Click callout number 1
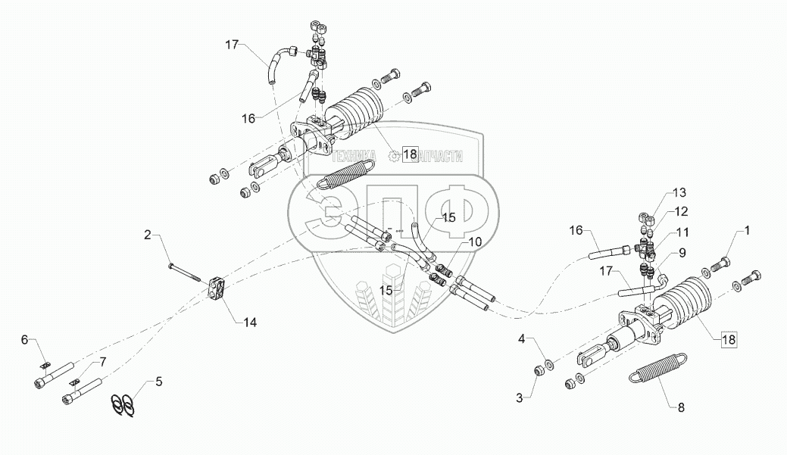pos(747,230)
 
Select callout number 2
pos(148,234)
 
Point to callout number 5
pos(158,382)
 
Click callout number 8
pos(681,408)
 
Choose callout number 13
pos(679,192)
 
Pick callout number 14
pos(250,323)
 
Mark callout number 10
pos(475,242)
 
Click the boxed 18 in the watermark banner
pos(410,154)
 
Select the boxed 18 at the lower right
pos(729,340)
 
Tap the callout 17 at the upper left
pos(231,45)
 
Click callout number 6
pos(24,340)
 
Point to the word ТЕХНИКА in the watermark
pos(354,156)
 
